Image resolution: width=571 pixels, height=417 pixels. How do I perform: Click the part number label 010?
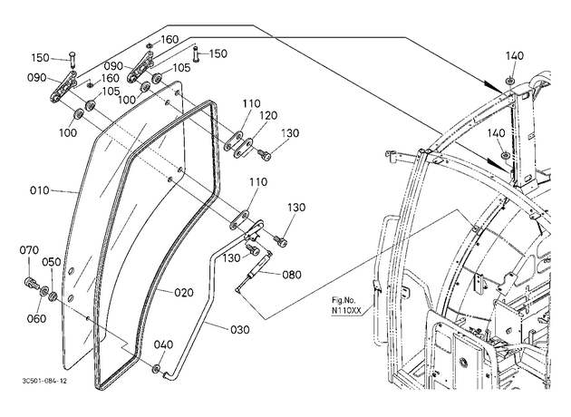[x=39, y=190]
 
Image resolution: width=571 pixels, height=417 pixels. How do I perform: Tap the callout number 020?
[x=183, y=293]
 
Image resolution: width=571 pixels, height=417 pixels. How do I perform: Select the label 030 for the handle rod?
[x=240, y=330]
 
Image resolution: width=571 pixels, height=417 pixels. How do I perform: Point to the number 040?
[x=163, y=344]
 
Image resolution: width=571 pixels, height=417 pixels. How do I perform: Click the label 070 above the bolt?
[x=29, y=250]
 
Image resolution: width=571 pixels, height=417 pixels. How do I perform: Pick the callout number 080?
[x=292, y=275]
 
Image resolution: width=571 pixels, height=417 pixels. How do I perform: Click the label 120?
[x=268, y=116]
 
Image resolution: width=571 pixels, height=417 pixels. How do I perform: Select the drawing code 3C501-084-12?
[x=44, y=381]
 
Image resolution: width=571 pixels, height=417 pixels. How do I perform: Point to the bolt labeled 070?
[x=32, y=283]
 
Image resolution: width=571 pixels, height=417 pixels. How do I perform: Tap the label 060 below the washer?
[x=37, y=319]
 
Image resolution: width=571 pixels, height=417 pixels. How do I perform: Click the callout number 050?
[x=52, y=262]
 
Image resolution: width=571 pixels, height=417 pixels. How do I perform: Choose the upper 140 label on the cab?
[x=514, y=55]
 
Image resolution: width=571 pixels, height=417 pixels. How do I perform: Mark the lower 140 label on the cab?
[x=497, y=133]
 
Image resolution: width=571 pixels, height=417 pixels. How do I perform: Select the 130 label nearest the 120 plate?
[x=290, y=133]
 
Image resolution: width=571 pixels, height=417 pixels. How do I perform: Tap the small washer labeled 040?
[x=157, y=369]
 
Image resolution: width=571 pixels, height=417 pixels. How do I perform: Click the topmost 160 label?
[x=169, y=40]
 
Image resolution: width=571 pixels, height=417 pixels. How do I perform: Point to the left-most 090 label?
[x=37, y=78]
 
